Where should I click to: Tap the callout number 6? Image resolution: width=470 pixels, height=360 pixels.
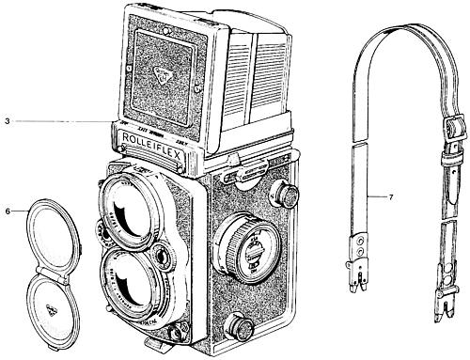(x=8, y=211)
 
